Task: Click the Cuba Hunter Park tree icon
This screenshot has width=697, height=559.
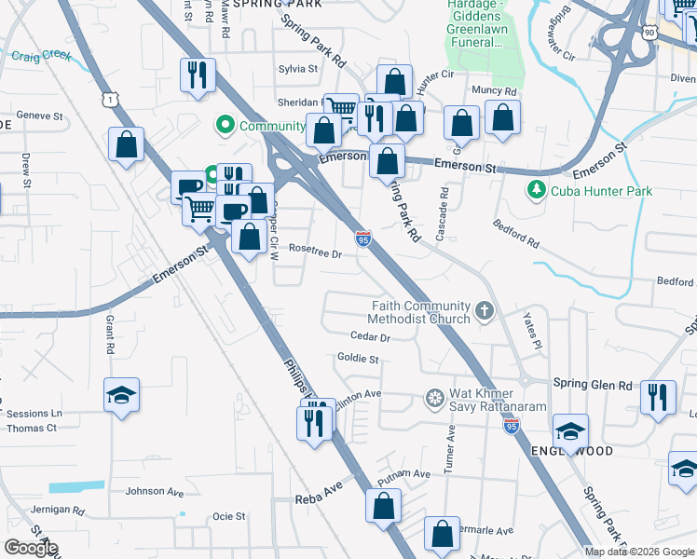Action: coord(536,191)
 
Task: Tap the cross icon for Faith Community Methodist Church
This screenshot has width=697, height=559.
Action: coord(484,311)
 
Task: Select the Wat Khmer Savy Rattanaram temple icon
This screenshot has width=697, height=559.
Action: coord(434,399)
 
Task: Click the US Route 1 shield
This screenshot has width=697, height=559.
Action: coord(111,99)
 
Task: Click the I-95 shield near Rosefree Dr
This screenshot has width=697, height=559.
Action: coord(363,239)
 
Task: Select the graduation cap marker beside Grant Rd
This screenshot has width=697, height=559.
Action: coord(121,395)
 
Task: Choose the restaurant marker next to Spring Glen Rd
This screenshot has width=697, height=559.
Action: coord(658,397)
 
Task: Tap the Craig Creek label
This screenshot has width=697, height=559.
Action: coord(41,57)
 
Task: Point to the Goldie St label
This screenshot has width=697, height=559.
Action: coord(358,359)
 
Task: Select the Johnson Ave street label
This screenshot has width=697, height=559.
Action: coord(156,491)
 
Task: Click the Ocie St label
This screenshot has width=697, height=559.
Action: coord(228,516)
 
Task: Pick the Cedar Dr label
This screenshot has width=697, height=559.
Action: coord(369,336)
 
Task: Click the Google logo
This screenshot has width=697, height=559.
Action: coord(31,548)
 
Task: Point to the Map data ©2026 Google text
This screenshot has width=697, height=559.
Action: coord(639,552)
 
